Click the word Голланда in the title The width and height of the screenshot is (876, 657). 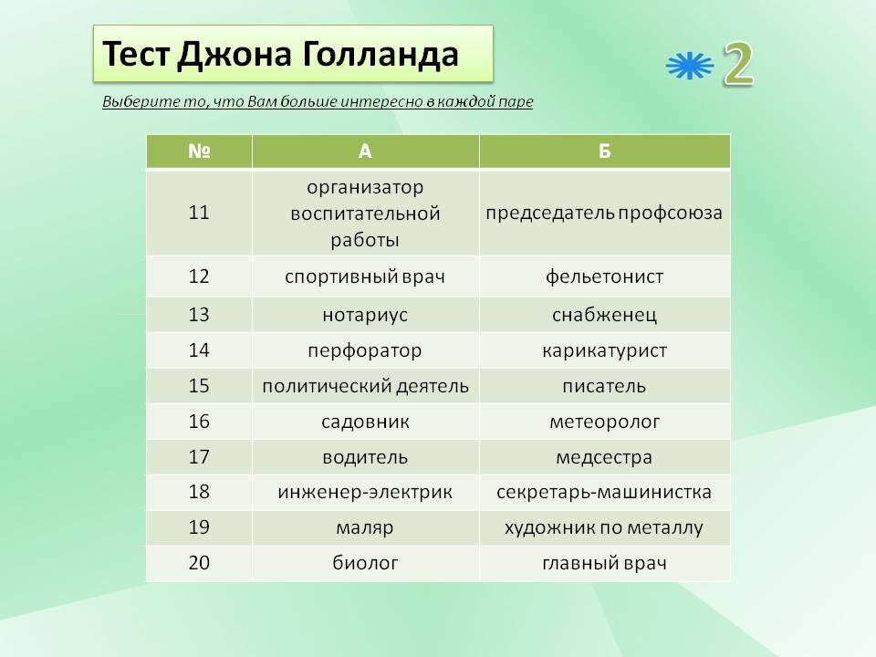pyautogui.click(x=381, y=55)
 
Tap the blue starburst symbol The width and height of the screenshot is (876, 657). pyautogui.click(x=690, y=66)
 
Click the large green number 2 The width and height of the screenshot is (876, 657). pyautogui.click(x=738, y=64)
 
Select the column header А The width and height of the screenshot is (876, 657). pyautogui.click(x=365, y=151)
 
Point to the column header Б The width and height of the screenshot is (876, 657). pyautogui.click(x=604, y=151)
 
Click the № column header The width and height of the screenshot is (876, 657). pyautogui.click(x=199, y=151)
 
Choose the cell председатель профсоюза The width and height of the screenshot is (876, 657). pyautogui.click(x=604, y=213)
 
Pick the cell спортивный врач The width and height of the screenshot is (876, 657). pyautogui.click(x=365, y=276)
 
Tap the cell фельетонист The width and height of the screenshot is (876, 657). pyautogui.click(x=604, y=276)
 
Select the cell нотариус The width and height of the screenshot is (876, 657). pyautogui.click(x=365, y=315)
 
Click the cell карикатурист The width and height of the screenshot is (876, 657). pyautogui.click(x=604, y=350)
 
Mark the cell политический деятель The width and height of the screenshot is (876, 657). pyautogui.click(x=365, y=386)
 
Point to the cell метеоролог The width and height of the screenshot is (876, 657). pyautogui.click(x=604, y=422)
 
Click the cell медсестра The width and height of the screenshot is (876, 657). pyautogui.click(x=604, y=457)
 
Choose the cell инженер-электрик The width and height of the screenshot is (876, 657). pyautogui.click(x=365, y=492)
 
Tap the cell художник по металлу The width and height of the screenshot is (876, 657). pyautogui.click(x=604, y=528)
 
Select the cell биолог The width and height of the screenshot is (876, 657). pyautogui.click(x=365, y=563)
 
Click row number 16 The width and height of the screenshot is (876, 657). pyautogui.click(x=199, y=422)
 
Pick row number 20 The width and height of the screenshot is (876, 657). pyautogui.click(x=199, y=563)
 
